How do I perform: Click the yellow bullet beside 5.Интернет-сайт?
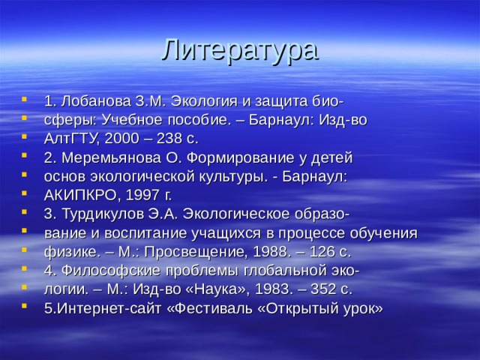tap(28, 307)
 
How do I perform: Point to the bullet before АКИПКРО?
tap(28, 195)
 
